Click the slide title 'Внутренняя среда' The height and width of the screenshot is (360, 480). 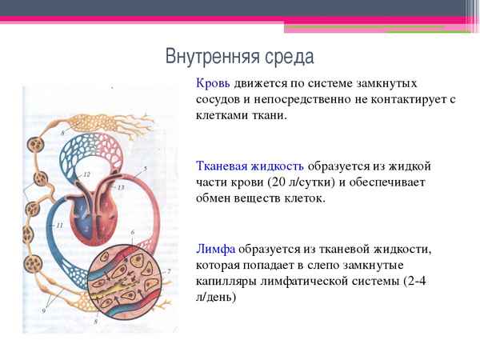(240, 58)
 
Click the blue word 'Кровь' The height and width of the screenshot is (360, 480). (214, 84)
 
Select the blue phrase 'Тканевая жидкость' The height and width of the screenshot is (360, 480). (250, 166)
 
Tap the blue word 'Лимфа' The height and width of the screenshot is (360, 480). (214, 249)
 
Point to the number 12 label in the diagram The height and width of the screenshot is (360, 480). (86, 174)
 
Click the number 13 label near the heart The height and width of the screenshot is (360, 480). (120, 187)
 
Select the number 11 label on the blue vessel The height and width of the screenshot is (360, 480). (59, 226)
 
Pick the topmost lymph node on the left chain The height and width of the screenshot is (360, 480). (36, 146)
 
